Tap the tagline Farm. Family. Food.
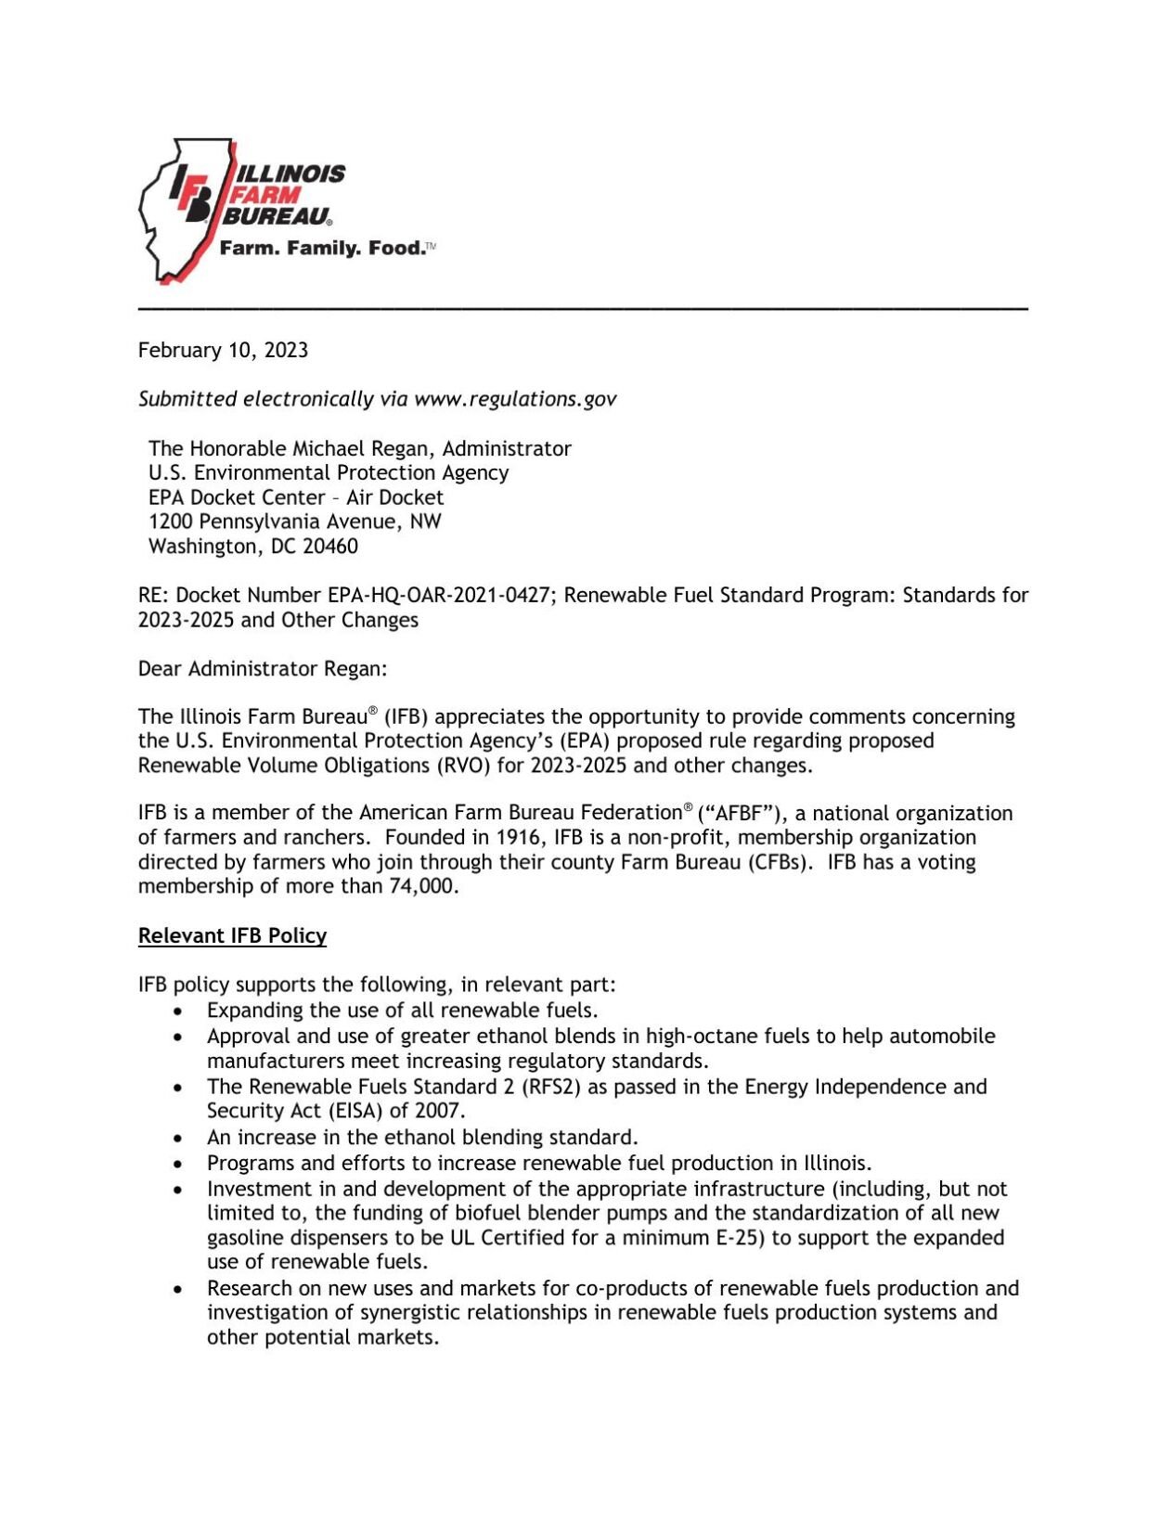pos(322,249)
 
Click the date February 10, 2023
pos(223,350)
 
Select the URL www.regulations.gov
pos(515,399)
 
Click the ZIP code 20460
pos(330,547)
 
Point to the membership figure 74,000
pos(423,886)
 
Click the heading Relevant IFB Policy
pos(232,935)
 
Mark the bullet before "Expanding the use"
pos(178,1011)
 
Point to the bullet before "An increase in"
pos(178,1138)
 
